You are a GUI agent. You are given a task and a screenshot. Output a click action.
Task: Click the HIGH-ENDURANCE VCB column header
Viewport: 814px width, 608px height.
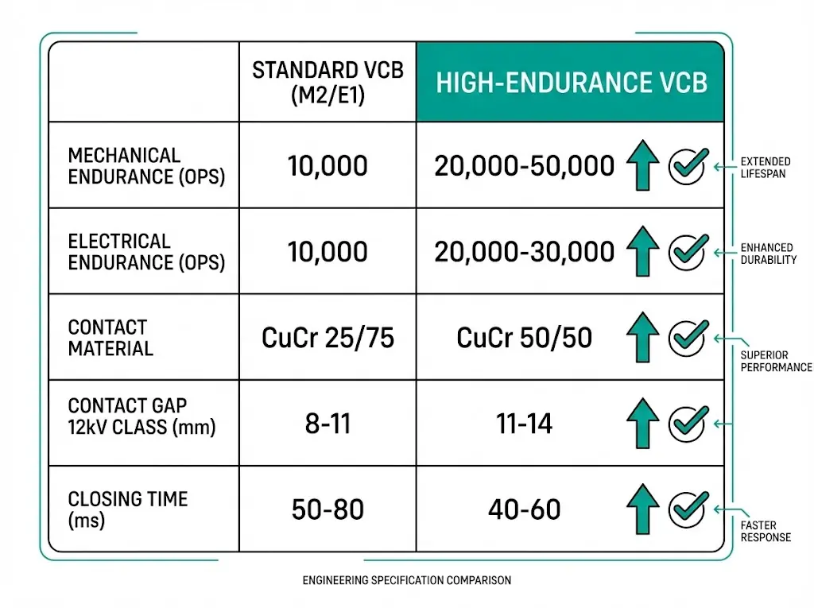571,83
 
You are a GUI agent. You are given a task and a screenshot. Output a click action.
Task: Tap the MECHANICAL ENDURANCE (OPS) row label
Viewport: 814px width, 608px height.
146,166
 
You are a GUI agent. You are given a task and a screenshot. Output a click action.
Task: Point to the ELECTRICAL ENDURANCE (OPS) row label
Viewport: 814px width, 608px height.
146,252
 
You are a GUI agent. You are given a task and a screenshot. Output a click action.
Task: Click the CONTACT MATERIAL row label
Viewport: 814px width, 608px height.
110,338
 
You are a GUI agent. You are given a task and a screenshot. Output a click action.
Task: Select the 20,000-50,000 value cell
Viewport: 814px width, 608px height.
524,166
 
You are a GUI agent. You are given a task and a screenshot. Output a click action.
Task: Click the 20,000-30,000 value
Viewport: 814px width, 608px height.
524,252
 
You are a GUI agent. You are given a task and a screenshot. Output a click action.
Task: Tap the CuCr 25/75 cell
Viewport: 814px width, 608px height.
328,338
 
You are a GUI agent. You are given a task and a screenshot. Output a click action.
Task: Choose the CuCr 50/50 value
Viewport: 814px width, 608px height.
524,338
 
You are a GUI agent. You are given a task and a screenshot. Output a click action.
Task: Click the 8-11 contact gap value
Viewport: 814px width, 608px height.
328,424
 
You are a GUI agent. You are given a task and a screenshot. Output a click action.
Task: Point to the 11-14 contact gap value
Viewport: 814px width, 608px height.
524,424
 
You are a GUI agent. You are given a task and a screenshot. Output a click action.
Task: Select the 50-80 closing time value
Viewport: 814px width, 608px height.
328,509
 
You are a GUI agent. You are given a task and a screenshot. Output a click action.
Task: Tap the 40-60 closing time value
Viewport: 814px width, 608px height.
524,509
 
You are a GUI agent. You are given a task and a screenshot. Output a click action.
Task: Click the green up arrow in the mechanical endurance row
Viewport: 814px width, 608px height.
642,166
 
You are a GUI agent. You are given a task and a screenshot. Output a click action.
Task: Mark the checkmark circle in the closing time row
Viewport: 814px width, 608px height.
685,509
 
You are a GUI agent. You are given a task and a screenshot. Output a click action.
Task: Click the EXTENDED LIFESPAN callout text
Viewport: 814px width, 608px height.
766,167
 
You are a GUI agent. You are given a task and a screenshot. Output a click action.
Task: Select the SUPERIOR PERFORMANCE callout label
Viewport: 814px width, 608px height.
775,361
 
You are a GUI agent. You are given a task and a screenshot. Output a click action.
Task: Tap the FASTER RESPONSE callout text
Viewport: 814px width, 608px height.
766,531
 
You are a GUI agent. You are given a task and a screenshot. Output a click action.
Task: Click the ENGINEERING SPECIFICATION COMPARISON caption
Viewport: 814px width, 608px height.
406,581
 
